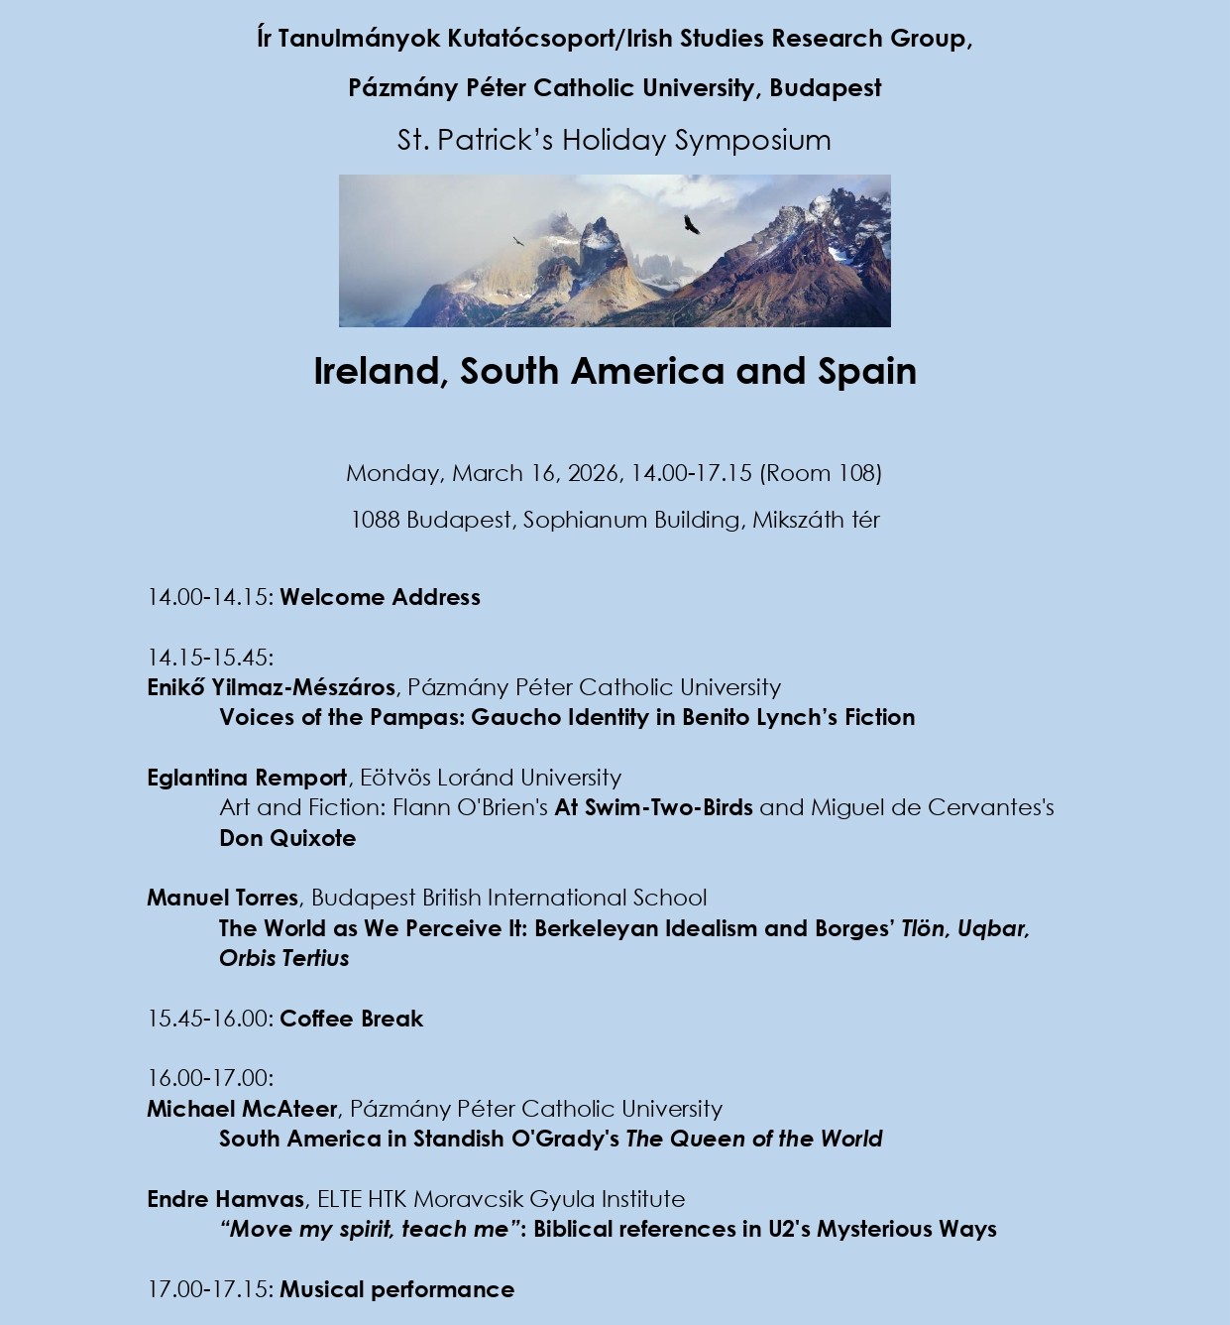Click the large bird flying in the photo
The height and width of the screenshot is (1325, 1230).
[691, 225]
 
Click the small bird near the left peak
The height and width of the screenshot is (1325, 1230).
[517, 241]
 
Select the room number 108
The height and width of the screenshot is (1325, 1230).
[856, 473]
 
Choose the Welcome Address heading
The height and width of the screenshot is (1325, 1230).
[380, 597]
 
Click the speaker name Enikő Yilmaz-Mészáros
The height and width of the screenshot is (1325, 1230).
[271, 687]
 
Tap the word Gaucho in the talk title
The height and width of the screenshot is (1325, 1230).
[508, 717]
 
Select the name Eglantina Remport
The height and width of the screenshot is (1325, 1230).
[247, 778]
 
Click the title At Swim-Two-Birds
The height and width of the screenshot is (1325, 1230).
[653, 807]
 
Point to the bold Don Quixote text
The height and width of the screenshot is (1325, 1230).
[287, 838]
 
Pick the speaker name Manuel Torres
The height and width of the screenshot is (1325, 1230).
[222, 898]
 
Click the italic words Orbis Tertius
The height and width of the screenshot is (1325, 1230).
[284, 958]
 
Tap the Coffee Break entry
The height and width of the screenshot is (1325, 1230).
[351, 1019]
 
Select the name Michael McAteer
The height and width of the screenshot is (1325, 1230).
[242, 1109]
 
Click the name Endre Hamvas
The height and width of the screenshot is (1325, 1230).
[225, 1199]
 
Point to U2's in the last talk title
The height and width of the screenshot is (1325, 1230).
[789, 1229]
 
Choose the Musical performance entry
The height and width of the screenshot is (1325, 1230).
[396, 1289]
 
